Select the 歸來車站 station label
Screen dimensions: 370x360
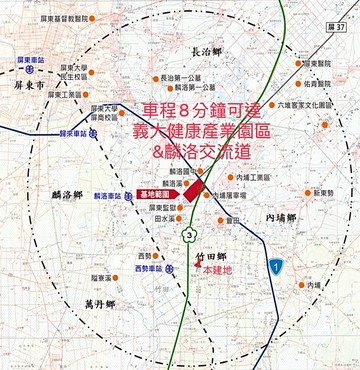(54, 131)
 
